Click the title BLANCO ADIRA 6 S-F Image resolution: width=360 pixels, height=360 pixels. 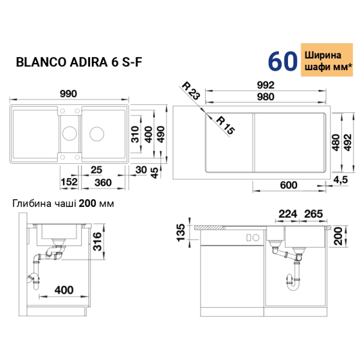[x=79, y=62]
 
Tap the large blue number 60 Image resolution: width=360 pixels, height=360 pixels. [x=283, y=61]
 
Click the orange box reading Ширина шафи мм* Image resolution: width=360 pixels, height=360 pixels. [x=327, y=60]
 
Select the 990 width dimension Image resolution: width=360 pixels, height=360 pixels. [x=68, y=94]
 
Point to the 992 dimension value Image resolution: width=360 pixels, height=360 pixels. [x=266, y=85]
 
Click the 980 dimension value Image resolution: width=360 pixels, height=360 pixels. [x=266, y=97]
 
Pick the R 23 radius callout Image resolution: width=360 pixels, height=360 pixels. [x=191, y=91]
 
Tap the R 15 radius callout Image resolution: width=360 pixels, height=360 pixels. [x=226, y=125]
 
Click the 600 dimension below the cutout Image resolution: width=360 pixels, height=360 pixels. [x=289, y=185]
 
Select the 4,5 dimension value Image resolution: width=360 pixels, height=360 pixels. [x=340, y=180]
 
